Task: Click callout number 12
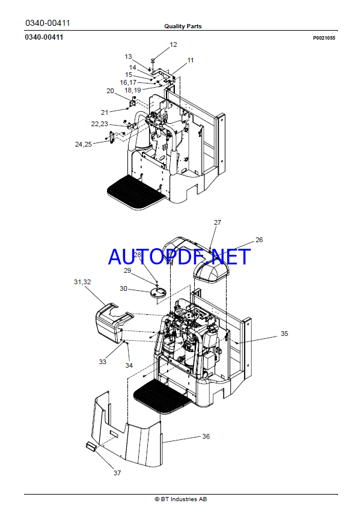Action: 173,44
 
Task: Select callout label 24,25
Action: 84,144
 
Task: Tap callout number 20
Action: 110,91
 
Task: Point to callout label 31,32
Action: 82,282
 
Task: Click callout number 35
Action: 284,334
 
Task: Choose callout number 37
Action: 117,473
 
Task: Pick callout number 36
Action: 206,436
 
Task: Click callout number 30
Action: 123,288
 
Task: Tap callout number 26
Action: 259,240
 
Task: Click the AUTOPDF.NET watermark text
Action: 179,257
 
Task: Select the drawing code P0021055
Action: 324,38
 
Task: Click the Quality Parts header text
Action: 183,26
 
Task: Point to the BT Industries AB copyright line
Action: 181,499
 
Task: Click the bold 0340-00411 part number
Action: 44,37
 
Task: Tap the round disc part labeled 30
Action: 158,293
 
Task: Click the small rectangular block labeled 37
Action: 90,446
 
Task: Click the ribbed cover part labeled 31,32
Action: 112,323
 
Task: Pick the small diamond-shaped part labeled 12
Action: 153,59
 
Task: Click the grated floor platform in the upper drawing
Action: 136,193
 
